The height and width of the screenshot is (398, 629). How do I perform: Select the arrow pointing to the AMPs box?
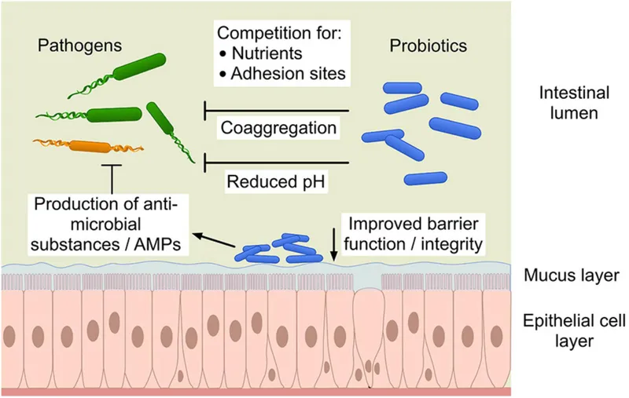point(214,237)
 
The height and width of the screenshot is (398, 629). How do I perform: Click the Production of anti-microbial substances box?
point(114,225)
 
